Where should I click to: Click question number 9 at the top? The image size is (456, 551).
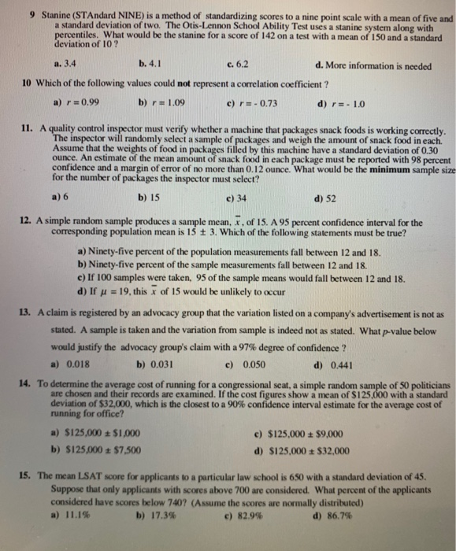coord(26,16)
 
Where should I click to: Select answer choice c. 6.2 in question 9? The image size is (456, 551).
coord(236,65)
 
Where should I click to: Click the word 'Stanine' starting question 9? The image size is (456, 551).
coord(51,16)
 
